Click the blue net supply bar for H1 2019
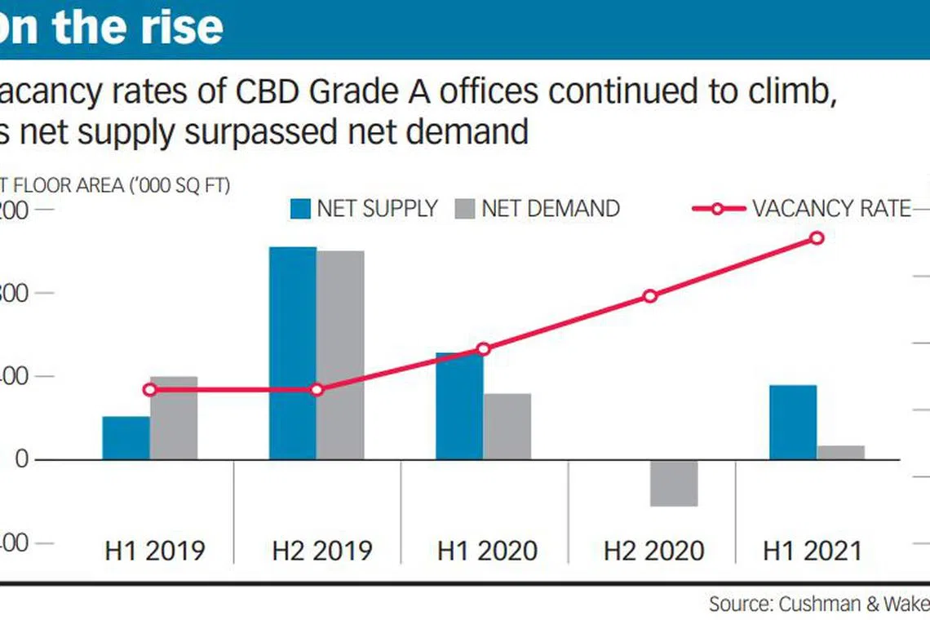pos(126,438)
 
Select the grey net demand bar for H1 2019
pos(174,418)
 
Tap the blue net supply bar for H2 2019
pos(293,353)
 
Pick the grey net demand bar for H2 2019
pos(341,355)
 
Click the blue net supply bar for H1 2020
pos(459,405)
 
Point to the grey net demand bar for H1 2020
pos(507,426)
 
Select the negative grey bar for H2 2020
pos(674,483)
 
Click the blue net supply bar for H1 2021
pos(793,422)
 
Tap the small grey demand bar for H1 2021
pos(841,452)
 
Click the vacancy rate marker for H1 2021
pos(817,237)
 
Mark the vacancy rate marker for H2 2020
pos(650,296)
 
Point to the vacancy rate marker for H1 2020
pos(484,349)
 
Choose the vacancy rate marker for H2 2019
pos(317,390)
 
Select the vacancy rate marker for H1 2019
pos(149,390)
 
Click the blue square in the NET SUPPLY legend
pos(300,209)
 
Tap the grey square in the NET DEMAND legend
pos(464,209)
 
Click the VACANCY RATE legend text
pos(830,209)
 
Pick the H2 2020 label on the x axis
pos(653,551)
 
